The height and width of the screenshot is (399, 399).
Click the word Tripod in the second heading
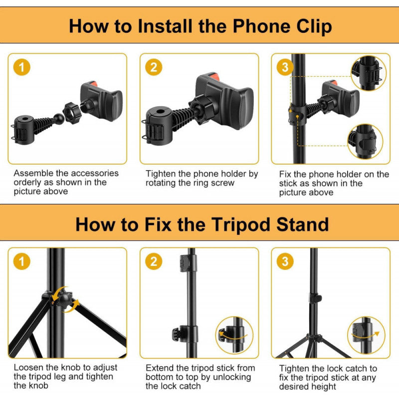pos(241,224)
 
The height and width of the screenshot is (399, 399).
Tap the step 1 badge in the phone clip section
pos(21,67)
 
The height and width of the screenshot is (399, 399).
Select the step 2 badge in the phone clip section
pos(154,67)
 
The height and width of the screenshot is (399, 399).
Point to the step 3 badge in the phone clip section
pos(285,67)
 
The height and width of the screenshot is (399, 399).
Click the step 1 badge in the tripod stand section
pos(21,261)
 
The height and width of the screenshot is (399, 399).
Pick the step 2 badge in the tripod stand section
pos(154,261)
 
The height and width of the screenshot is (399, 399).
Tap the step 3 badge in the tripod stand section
pos(285,261)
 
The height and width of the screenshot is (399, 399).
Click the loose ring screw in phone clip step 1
pos(72,113)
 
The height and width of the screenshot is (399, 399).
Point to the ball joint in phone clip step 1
pos(59,119)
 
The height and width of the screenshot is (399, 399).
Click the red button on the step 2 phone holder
pos(213,76)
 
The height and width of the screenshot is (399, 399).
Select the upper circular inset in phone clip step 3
pos(368,73)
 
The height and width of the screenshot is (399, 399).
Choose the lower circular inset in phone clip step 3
pos(365,142)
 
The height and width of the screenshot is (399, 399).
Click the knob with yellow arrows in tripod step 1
pos(64,299)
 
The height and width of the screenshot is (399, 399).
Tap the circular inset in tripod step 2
pos(234,335)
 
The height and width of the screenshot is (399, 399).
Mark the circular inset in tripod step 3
pos(366,335)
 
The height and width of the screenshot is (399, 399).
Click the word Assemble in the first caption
pos(33,173)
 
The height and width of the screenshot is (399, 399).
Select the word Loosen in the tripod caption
pos(28,367)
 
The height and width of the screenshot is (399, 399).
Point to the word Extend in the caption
pos(160,368)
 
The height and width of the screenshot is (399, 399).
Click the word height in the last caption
pos(321,387)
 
